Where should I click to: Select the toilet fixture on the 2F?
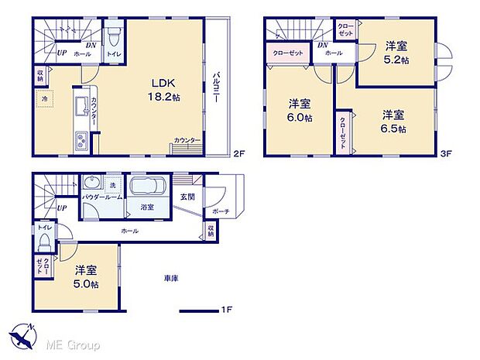point(114,36)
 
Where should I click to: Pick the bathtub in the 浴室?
point(146,189)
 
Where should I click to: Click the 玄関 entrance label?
point(188,197)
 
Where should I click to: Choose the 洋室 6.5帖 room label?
point(393,122)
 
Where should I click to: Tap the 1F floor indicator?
point(226,310)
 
